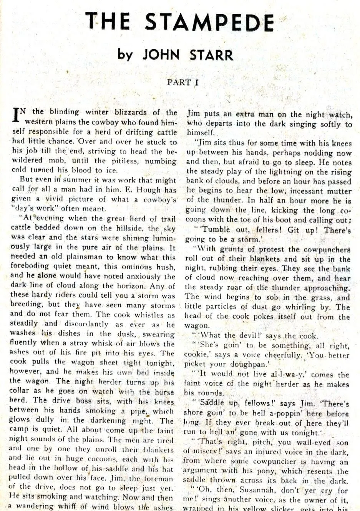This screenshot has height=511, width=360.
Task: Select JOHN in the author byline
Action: [x=161, y=55]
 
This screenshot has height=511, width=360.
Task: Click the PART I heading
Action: [x=179, y=82]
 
